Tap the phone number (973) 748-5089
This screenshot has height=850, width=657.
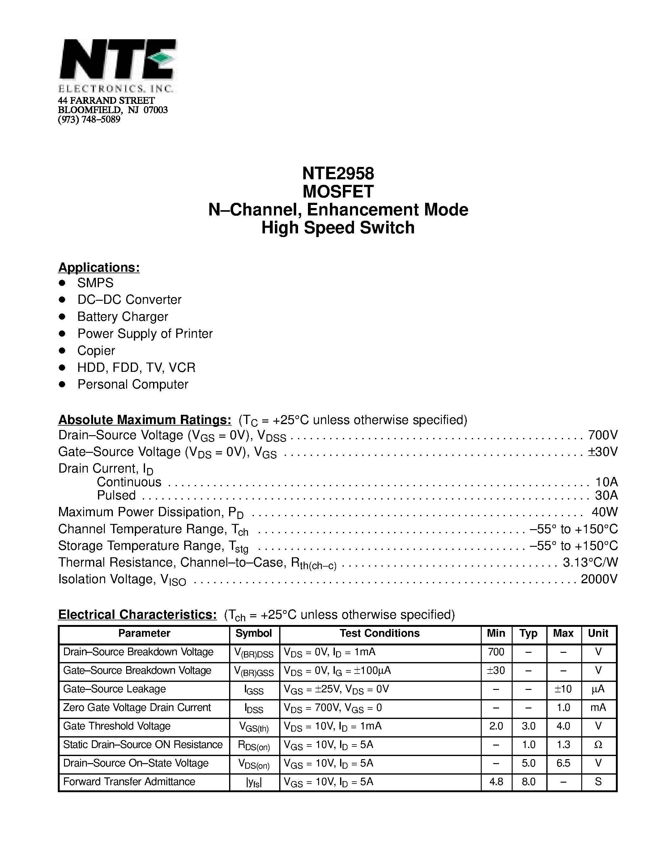[89, 120]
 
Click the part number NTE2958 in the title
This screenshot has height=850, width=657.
[338, 173]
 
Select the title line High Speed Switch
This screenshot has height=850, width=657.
[338, 228]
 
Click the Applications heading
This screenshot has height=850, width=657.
[99, 267]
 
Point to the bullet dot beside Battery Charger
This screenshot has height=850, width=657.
[62, 317]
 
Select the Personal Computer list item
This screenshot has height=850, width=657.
[133, 384]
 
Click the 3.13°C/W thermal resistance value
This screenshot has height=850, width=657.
[590, 562]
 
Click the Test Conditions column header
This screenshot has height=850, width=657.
[379, 633]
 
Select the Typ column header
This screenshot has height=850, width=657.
[528, 633]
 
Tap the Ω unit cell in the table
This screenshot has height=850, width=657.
[598, 745]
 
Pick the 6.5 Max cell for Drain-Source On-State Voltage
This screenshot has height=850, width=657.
[563, 763]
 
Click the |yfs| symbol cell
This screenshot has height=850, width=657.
[254, 782]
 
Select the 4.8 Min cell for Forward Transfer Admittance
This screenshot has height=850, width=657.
[496, 781]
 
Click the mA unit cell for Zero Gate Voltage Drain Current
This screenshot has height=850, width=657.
[598, 707]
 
